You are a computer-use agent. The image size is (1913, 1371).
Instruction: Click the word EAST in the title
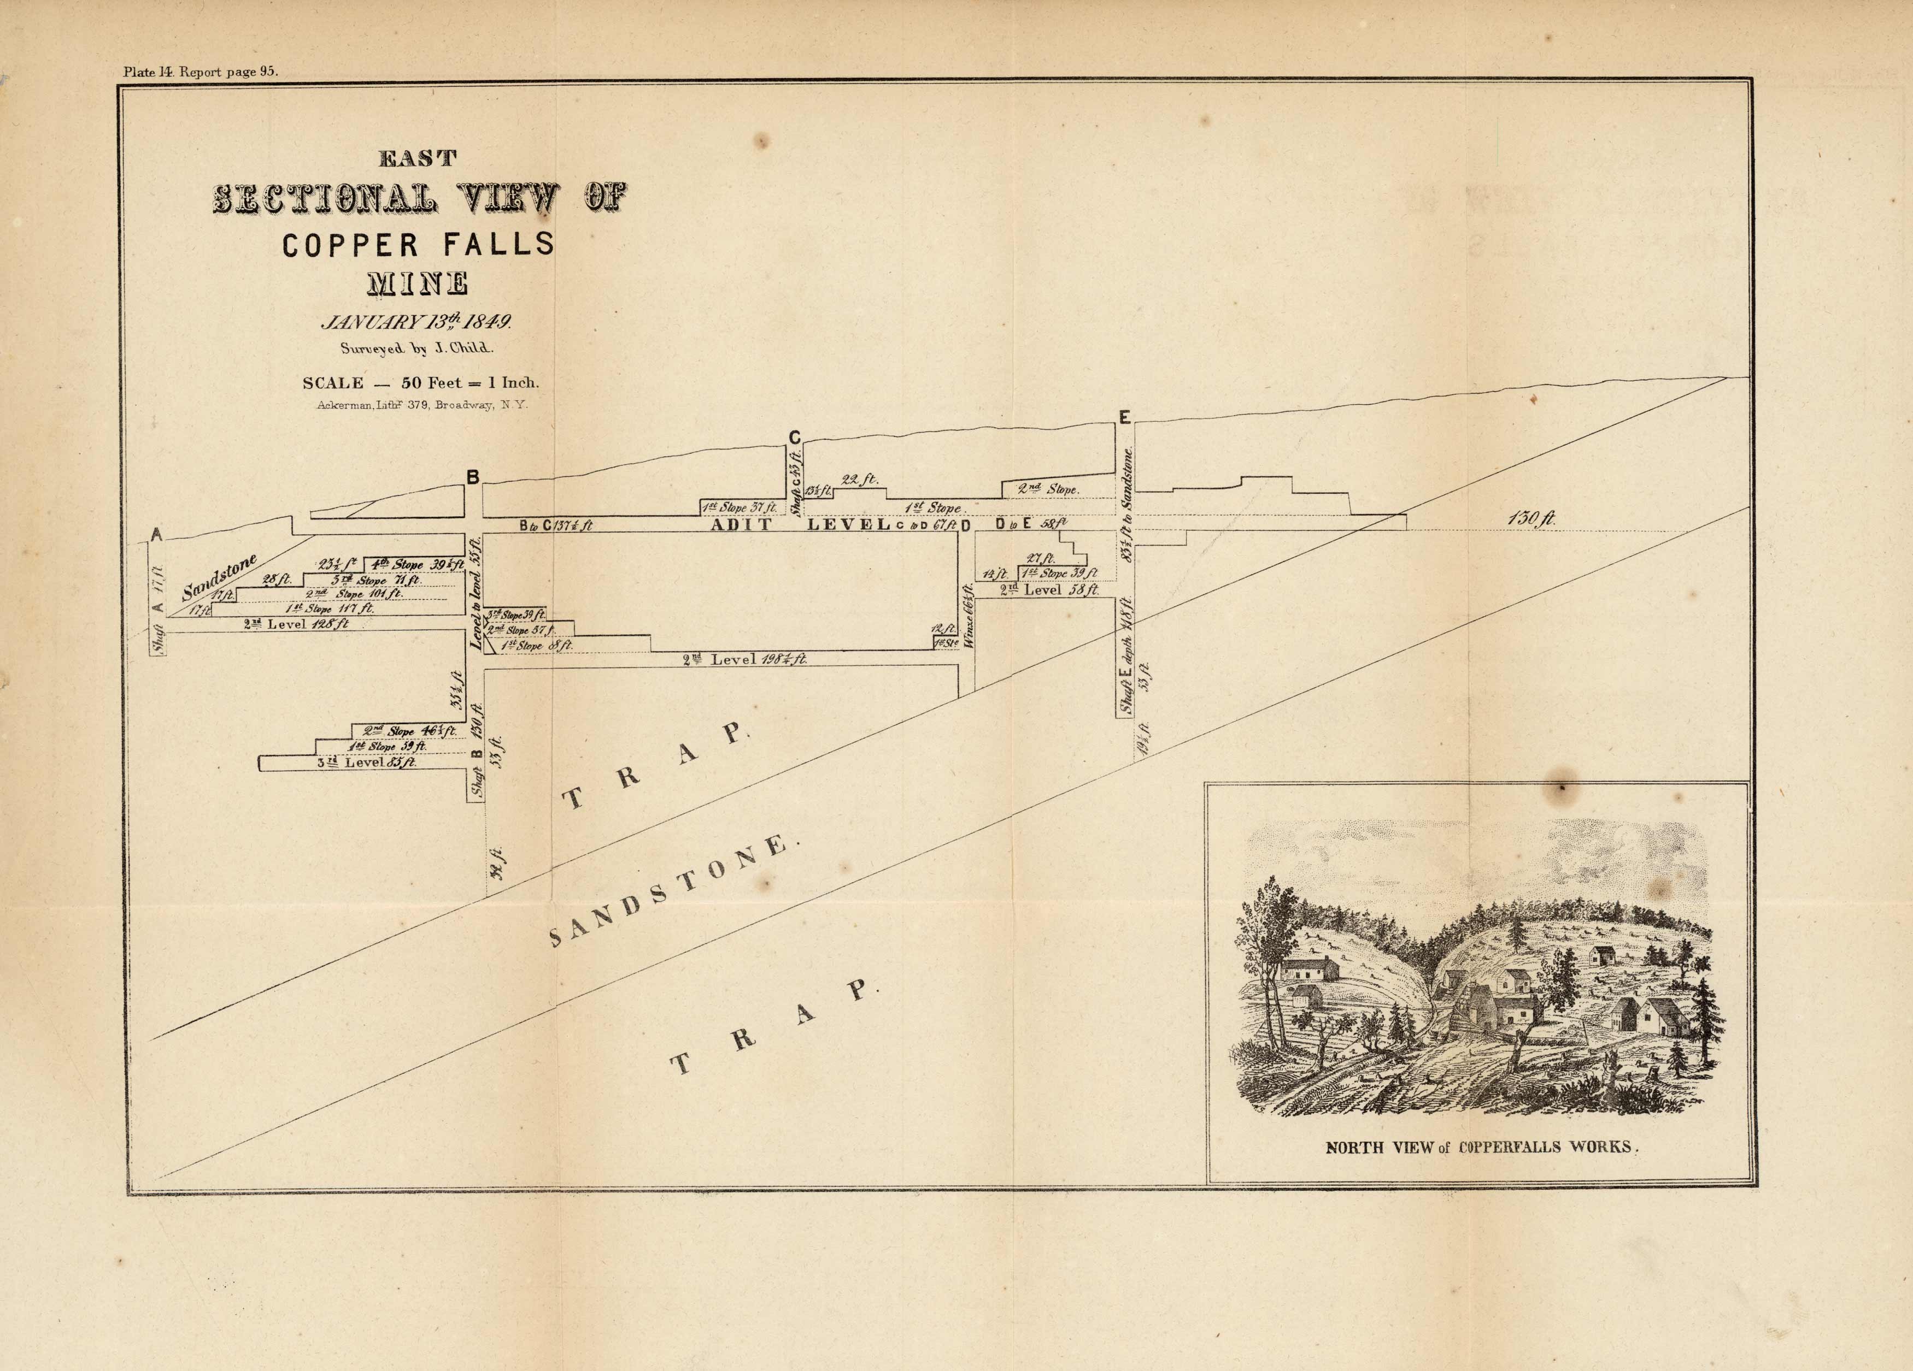[418, 158]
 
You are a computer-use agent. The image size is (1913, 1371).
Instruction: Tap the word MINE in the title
[418, 283]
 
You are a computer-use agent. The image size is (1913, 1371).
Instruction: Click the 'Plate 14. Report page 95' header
[201, 72]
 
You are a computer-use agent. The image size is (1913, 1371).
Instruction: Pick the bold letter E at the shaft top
[1124, 417]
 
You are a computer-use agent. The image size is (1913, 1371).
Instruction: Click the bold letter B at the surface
[473, 478]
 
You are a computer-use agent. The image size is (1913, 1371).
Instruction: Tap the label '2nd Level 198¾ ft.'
[745, 659]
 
